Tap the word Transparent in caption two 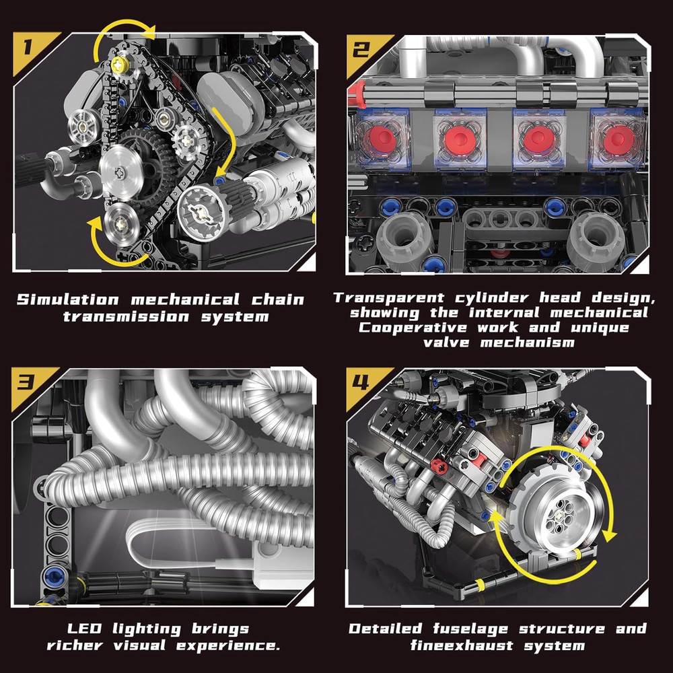click(389, 297)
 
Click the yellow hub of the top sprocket click(121, 64)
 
